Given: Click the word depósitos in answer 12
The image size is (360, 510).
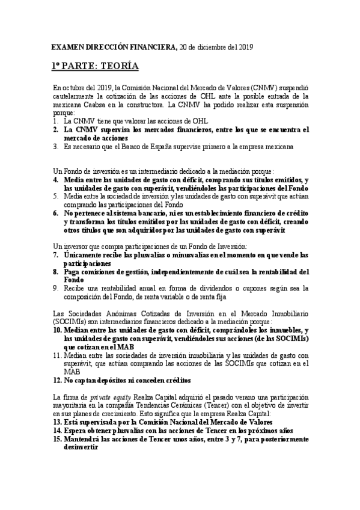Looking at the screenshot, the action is pyautogui.click(x=120, y=380).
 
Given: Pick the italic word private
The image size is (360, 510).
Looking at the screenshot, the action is pyautogui.click(x=99, y=398).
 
